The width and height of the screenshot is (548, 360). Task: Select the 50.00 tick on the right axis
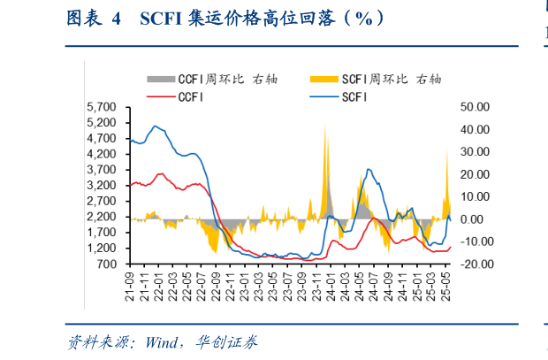(x=475, y=107)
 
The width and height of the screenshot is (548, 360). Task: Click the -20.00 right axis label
(x=475, y=264)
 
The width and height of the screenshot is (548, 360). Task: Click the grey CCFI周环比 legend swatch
(x=160, y=80)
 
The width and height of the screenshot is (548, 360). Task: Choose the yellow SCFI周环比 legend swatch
(x=324, y=80)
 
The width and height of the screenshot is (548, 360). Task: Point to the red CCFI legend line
(x=160, y=96)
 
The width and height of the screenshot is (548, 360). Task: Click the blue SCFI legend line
(x=324, y=96)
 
